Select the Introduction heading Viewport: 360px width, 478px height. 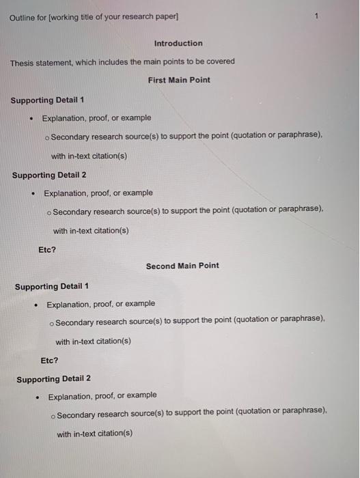[178, 43]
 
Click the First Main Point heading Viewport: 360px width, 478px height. [179, 80]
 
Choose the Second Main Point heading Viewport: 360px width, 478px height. [182, 266]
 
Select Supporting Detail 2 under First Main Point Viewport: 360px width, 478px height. [49, 175]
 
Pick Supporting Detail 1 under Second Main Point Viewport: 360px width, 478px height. [52, 286]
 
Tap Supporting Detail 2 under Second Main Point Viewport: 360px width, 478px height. [53, 378]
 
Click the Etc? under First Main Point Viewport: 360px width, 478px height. [47, 249]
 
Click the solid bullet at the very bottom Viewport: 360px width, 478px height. [38, 395]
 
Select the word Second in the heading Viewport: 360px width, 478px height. [161, 266]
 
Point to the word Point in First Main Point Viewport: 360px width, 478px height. [199, 80]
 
